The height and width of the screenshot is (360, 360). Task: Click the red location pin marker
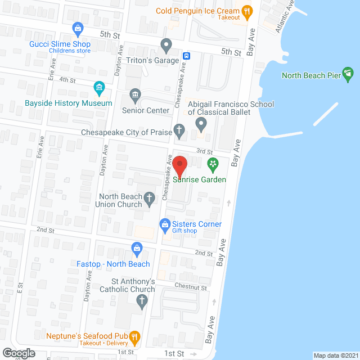179,165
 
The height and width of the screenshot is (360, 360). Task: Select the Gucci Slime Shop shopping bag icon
78,28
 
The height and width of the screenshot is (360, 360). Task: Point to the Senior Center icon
135,94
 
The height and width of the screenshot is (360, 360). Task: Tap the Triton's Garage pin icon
166,44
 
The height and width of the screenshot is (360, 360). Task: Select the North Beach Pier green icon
348,73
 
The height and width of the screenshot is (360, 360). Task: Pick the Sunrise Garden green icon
213,164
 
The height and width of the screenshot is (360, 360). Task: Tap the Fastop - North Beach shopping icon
137,247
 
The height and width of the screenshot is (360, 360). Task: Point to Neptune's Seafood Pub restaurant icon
134,337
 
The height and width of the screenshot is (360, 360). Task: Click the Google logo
18,353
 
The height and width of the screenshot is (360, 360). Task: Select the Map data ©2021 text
335,355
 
